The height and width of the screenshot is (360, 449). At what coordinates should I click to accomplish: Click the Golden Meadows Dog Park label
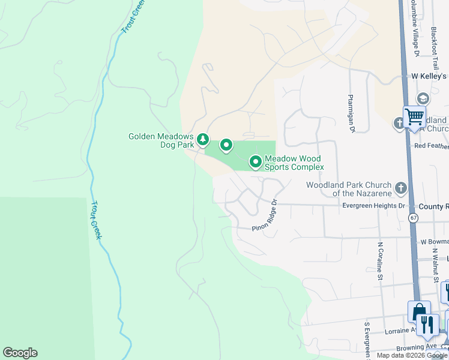tap(161, 140)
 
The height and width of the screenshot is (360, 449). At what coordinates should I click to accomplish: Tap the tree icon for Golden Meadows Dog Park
tap(203, 140)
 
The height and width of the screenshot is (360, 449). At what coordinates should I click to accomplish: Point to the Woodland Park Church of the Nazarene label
tap(349, 189)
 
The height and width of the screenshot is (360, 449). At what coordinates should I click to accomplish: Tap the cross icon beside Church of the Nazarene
tap(401, 189)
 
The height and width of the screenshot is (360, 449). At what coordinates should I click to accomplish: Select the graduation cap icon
tap(423, 98)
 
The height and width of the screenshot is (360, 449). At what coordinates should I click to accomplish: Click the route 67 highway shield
tap(414, 218)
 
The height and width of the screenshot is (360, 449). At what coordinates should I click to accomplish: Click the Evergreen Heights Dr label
tap(374, 205)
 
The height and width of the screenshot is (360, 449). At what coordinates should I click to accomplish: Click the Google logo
tap(20, 353)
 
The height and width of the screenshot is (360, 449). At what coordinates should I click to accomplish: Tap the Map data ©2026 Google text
tap(412, 355)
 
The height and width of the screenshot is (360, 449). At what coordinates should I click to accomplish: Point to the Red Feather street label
tap(431, 146)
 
